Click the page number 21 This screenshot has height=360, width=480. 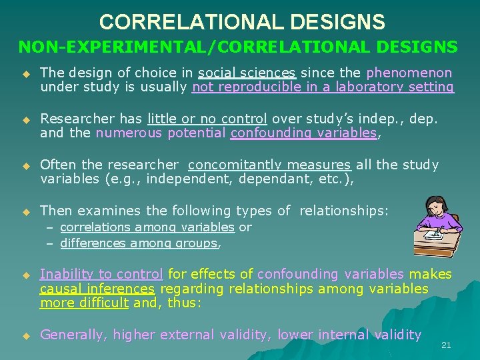pos(446,345)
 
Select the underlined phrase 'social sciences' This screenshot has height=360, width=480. pos(247,73)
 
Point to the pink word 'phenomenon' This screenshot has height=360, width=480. pos(409,73)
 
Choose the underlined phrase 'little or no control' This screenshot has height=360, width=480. pos(207,119)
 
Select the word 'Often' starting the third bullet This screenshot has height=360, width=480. pos(57,165)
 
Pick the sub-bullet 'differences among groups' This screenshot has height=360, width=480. pos(139,243)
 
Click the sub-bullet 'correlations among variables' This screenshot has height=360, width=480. pos(147,227)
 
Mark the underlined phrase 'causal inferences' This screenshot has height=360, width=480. pos(97,288)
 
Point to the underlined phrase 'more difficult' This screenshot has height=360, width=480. pos(84,302)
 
